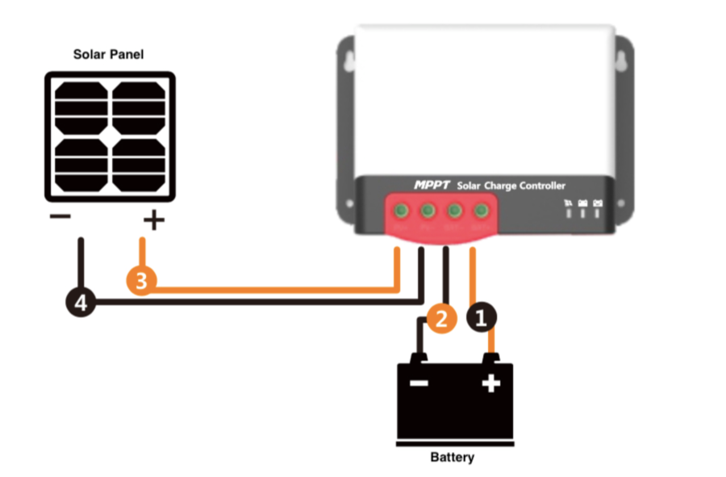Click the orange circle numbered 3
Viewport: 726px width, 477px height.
[x=141, y=282]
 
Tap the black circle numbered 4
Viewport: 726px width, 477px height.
[x=80, y=303]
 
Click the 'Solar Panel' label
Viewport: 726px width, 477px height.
[x=109, y=55]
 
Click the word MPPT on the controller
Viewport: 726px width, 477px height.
[x=432, y=185]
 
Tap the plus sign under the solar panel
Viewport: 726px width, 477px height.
[x=153, y=220]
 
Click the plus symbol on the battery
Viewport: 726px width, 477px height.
[x=490, y=383]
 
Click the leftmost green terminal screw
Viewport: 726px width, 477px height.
[x=402, y=211]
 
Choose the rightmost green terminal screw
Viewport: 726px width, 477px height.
[x=481, y=211]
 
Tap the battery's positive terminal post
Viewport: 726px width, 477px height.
[x=490, y=358]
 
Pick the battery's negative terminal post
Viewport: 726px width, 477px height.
[x=418, y=358]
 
